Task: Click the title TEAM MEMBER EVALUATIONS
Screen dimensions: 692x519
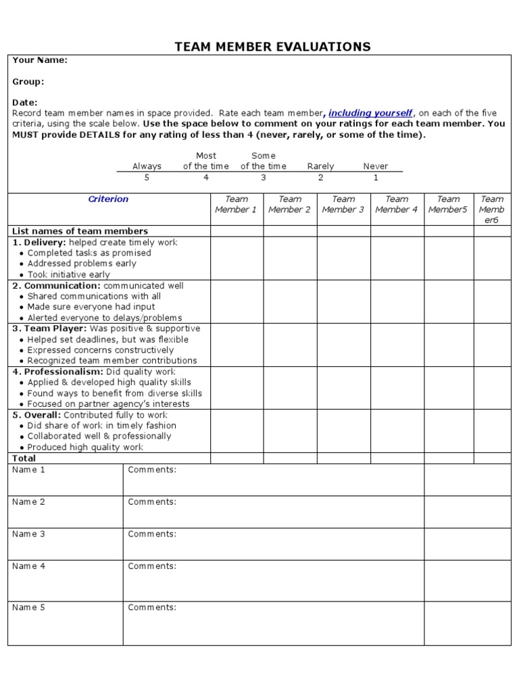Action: (272, 47)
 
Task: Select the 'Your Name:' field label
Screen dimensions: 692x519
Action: (40, 60)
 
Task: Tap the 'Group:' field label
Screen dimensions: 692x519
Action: (28, 82)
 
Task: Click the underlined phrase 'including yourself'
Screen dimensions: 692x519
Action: (370, 113)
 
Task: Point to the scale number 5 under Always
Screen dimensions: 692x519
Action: (147, 178)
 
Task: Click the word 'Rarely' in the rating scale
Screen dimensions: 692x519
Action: (320, 166)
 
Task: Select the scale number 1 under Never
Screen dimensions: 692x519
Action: (376, 178)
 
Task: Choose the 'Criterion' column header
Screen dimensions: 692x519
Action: (108, 199)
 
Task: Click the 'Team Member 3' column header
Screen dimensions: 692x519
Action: (343, 204)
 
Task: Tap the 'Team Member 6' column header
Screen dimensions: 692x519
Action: (492, 209)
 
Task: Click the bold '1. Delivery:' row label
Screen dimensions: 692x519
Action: (39, 242)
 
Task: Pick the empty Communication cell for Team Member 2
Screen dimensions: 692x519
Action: (290, 301)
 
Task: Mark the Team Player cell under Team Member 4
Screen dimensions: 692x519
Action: (397, 345)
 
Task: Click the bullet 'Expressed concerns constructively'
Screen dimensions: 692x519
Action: (100, 350)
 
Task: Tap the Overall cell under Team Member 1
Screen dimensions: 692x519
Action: (237, 431)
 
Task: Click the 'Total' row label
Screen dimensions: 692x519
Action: (24, 458)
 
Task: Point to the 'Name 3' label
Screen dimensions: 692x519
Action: (28, 534)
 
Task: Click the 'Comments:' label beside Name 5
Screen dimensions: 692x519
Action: (152, 607)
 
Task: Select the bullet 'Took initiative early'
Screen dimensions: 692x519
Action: (68, 274)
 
